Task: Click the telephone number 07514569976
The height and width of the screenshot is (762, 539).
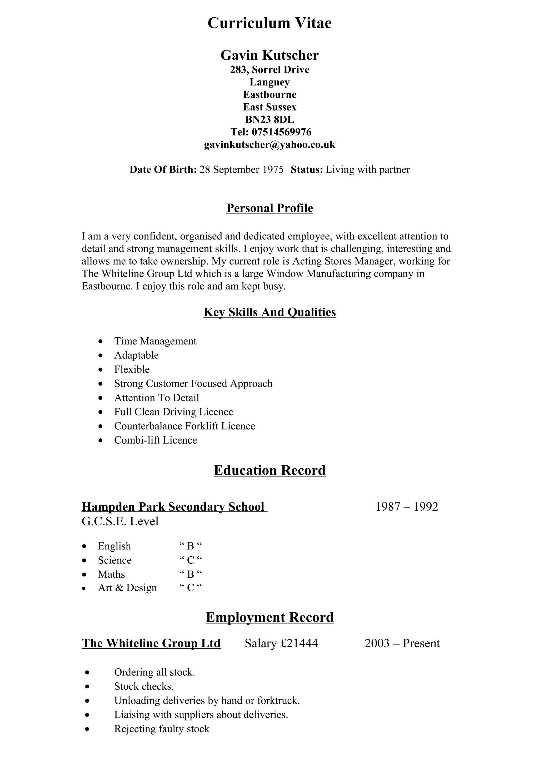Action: tap(281, 132)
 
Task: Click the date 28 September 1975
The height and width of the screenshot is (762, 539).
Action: tap(241, 170)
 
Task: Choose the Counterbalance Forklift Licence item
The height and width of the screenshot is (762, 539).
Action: tap(185, 426)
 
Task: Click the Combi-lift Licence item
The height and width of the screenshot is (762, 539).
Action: tap(156, 440)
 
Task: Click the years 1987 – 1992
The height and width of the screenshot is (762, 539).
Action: tap(407, 507)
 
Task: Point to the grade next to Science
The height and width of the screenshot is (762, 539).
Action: tap(190, 561)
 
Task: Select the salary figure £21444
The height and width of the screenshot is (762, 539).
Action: tap(299, 643)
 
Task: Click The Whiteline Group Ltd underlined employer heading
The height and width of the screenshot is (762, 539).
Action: tap(151, 643)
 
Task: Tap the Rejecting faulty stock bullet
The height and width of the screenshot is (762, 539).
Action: tap(162, 729)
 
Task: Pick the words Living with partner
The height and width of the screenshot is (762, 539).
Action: tap(367, 170)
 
